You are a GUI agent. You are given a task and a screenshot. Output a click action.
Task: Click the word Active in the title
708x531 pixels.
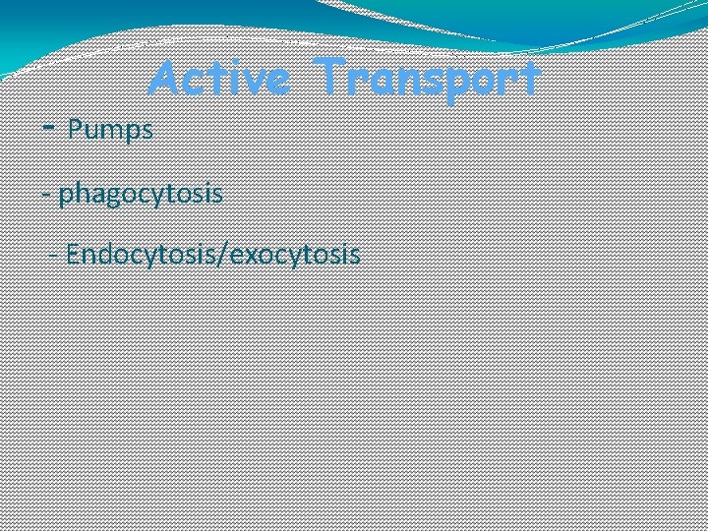coord(219,78)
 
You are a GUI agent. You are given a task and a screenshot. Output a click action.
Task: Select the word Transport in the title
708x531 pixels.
coord(430,78)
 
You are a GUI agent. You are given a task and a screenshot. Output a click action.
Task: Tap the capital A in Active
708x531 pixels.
coord(165,78)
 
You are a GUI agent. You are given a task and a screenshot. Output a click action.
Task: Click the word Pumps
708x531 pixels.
coord(110,129)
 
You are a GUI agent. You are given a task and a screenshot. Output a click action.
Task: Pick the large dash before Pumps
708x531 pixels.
coord(50,128)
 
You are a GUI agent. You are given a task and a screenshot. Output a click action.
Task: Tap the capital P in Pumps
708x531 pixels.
coord(75,129)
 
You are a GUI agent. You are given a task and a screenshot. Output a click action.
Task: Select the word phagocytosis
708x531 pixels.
coord(141,194)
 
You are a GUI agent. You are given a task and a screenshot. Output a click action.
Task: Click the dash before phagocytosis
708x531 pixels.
coord(48,194)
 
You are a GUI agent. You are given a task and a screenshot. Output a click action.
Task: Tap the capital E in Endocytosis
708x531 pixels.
coord(74,255)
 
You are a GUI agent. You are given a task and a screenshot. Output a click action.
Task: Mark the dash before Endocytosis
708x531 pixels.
coord(60,256)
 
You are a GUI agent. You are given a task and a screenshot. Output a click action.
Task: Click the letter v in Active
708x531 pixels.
coord(258,80)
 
